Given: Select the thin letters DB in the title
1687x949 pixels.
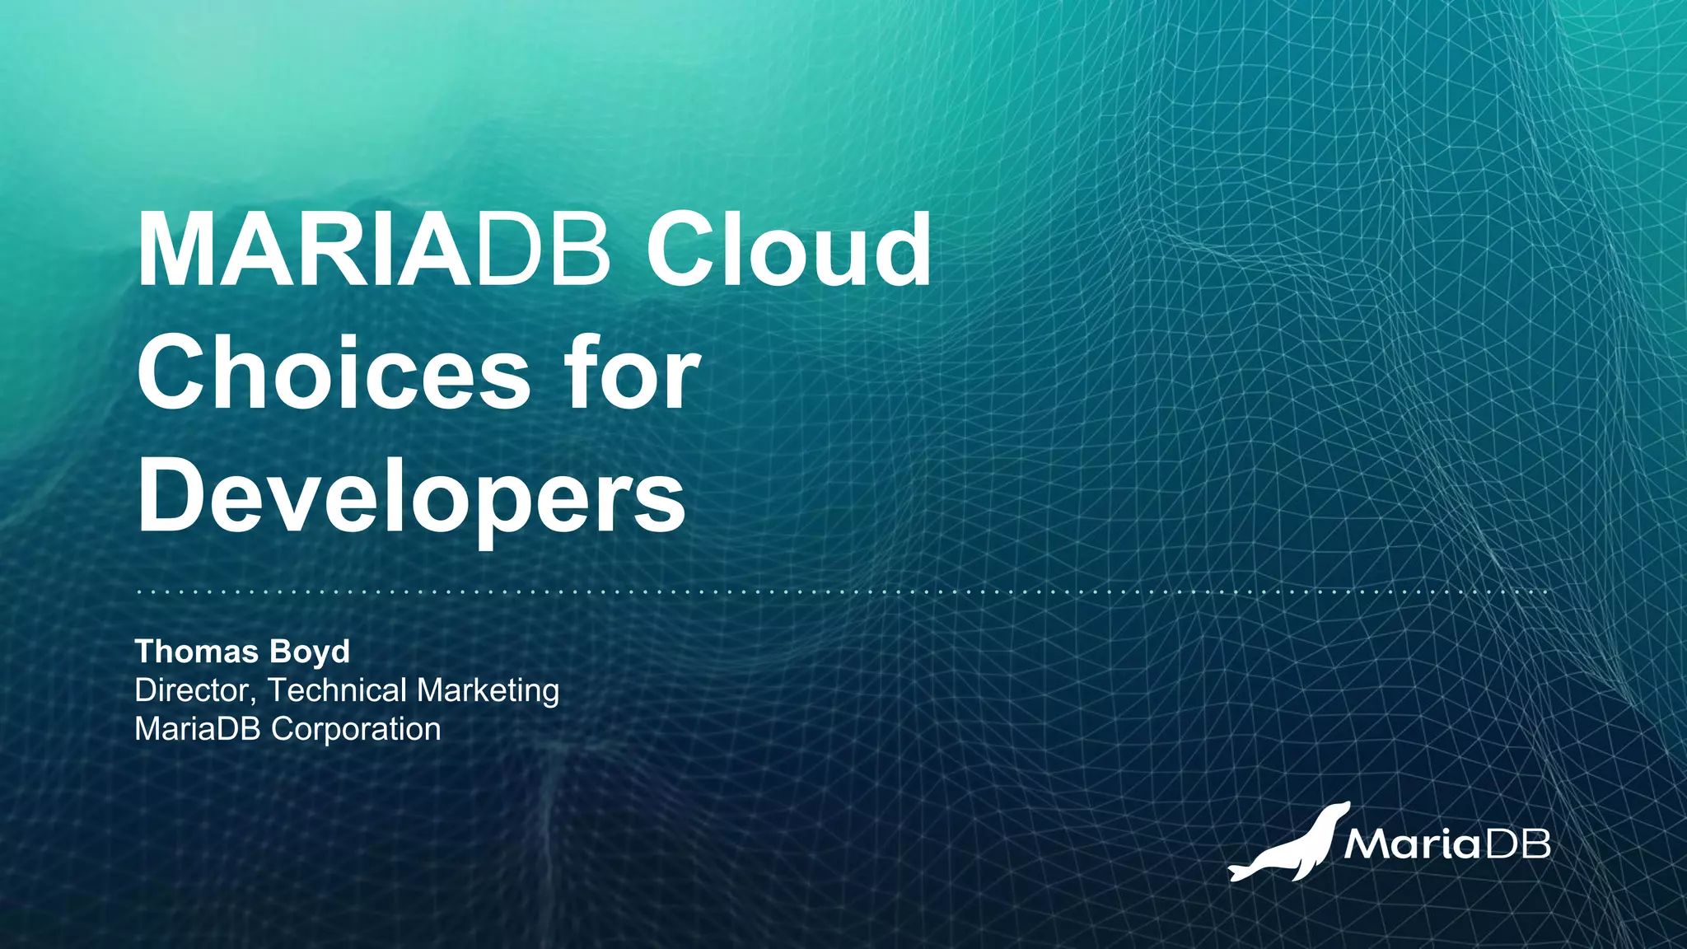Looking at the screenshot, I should coord(543,250).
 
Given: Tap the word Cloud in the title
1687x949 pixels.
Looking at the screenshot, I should coord(788,250).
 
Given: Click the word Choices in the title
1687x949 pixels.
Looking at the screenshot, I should coord(334,374).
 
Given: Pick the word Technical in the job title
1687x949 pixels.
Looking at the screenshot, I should coord(338,690).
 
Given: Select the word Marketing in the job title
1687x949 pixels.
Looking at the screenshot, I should coord(488,690).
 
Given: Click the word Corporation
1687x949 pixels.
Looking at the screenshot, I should coord(357,729).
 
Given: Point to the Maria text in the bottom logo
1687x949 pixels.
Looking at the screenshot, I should coord(1411,844).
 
